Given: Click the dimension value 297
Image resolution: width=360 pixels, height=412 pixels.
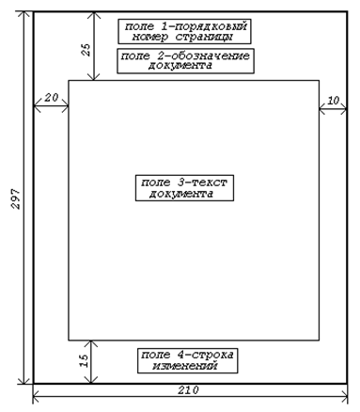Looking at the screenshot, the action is (16, 198).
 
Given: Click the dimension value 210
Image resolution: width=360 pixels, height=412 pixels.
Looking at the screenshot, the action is (189, 390).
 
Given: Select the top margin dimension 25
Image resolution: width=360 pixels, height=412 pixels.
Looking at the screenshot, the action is (86, 49).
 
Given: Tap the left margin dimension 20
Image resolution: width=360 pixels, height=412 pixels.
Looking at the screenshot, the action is (52, 98).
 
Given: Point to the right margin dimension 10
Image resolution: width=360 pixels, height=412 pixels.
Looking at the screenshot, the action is (333, 101).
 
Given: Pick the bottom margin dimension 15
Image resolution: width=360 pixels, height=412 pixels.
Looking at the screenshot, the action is (85, 360).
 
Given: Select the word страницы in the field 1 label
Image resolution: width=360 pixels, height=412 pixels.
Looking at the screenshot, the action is (204, 37).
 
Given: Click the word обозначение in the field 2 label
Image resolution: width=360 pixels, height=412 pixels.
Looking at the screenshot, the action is (211, 55).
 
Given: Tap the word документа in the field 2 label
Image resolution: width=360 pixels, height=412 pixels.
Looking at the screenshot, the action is (180, 66).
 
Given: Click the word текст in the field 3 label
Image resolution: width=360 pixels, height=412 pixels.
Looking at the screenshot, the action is (209, 182).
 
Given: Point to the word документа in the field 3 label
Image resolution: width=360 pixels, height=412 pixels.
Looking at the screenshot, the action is (181, 194).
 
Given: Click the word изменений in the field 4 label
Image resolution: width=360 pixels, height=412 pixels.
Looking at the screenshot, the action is (185, 366).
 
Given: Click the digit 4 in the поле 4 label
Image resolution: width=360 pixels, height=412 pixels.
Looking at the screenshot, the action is (181, 355).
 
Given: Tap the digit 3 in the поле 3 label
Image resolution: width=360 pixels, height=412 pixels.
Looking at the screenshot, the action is (181, 182).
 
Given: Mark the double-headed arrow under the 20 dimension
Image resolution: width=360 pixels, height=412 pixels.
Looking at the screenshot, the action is (51, 106).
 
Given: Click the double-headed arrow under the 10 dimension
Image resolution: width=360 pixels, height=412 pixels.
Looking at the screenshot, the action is (333, 109).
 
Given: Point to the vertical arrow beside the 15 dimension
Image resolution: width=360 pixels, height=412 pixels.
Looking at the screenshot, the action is (91, 362).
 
